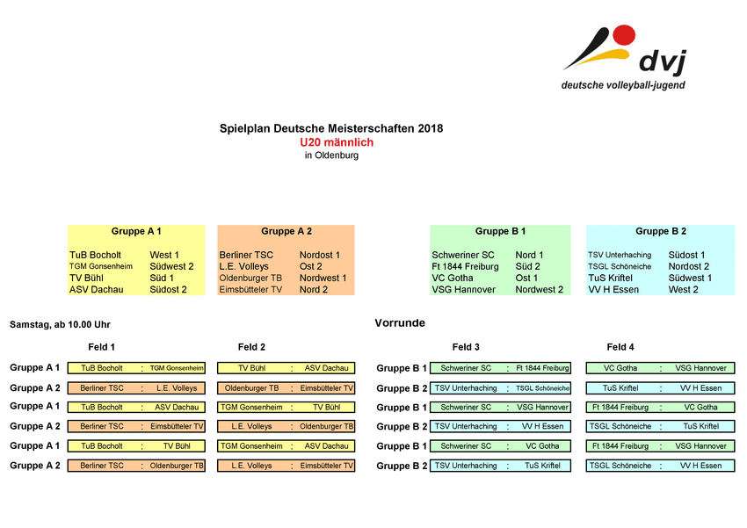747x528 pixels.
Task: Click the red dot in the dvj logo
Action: pyautogui.click(x=623, y=36)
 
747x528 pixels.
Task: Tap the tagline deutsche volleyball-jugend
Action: pyautogui.click(x=623, y=85)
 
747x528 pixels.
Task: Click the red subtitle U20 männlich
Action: pyautogui.click(x=337, y=142)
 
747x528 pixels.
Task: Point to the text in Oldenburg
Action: pyautogui.click(x=331, y=156)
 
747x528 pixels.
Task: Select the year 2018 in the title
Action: pyautogui.click(x=431, y=128)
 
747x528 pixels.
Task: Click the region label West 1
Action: pyautogui.click(x=164, y=255)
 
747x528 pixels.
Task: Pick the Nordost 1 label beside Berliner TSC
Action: pyautogui.click(x=320, y=255)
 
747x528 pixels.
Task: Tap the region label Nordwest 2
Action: pyautogui.click(x=540, y=289)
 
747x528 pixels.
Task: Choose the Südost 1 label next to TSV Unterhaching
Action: pyautogui.click(x=686, y=255)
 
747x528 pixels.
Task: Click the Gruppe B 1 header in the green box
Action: pyautogui.click(x=500, y=231)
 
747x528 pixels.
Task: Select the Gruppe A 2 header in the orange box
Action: pyautogui.click(x=286, y=231)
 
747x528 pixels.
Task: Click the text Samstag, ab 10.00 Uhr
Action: pyautogui.click(x=60, y=324)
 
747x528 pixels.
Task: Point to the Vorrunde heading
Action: pyautogui.click(x=400, y=323)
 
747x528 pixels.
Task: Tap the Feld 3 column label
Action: pyautogui.click(x=466, y=347)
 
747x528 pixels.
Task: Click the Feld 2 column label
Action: pyautogui.click(x=251, y=347)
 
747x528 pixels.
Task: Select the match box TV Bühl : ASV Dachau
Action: pyautogui.click(x=286, y=368)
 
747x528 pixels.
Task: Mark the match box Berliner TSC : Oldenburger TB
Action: pyautogui.click(x=136, y=466)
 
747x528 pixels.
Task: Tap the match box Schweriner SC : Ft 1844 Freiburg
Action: pyautogui.click(x=500, y=368)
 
